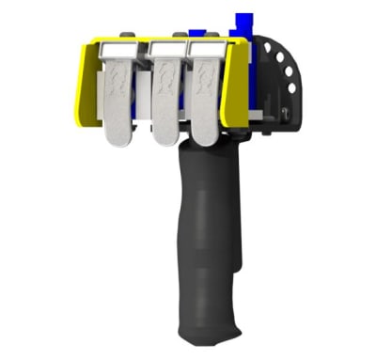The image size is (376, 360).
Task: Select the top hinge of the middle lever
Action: pos(167,48)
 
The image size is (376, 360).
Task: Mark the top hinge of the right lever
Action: pos(207,47)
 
